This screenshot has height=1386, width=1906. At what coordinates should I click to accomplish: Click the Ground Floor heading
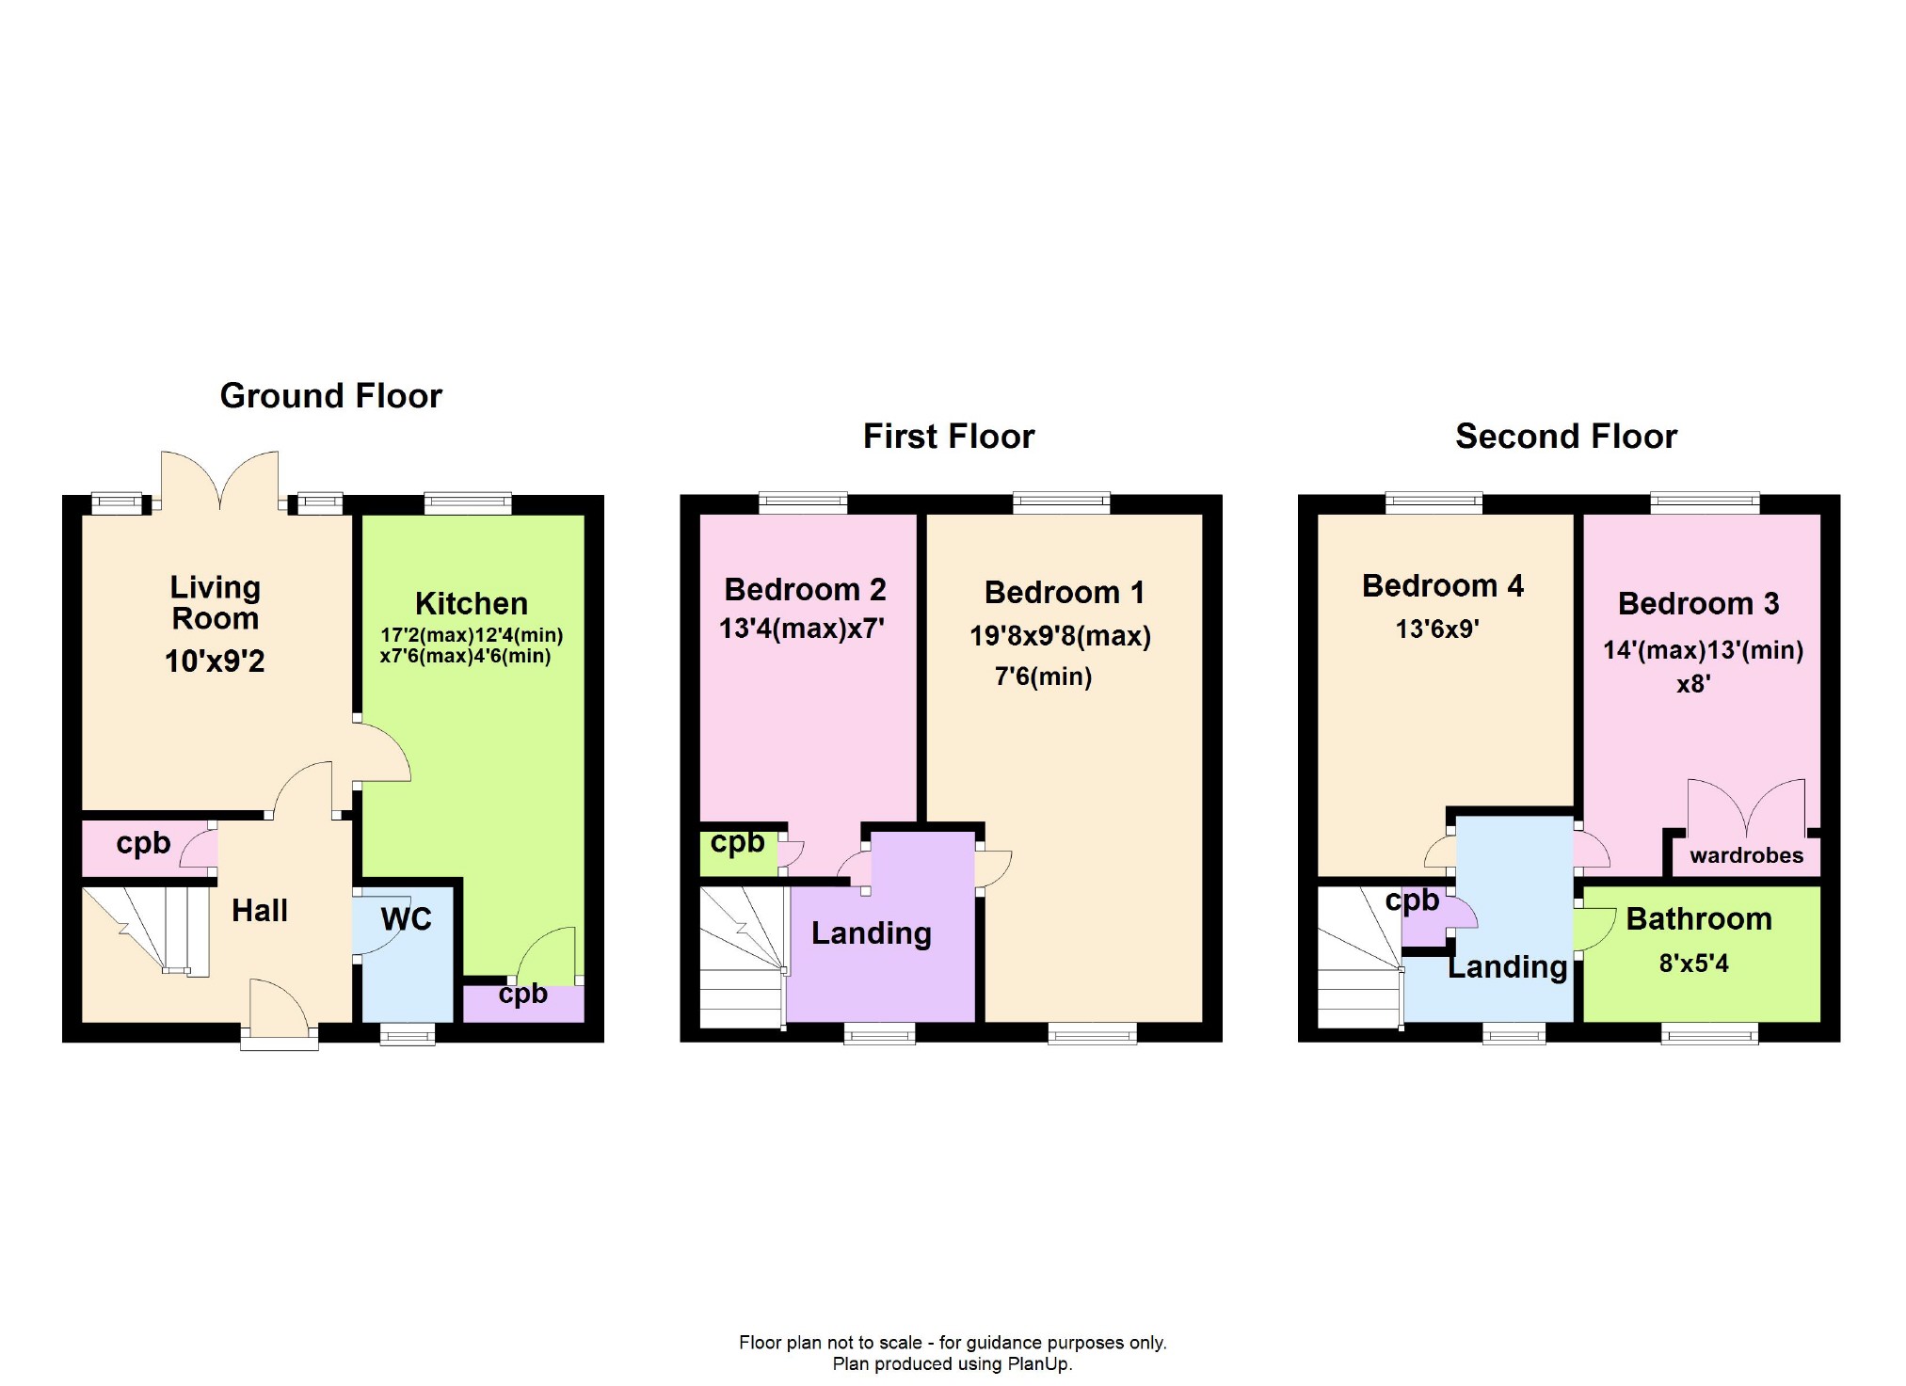330,396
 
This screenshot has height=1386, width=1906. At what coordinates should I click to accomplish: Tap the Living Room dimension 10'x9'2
215,661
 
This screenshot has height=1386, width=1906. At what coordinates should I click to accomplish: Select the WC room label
406,918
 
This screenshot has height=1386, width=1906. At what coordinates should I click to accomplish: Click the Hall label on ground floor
260,911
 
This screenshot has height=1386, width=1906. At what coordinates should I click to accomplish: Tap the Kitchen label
472,603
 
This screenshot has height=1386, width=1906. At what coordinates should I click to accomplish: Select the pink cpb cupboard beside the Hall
143,843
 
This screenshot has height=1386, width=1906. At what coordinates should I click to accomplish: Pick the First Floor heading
949,437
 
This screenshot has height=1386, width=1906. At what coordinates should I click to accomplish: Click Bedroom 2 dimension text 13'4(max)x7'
802,629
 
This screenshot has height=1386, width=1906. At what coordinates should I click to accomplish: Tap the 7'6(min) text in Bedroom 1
1043,677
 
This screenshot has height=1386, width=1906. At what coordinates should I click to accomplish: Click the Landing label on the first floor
871,933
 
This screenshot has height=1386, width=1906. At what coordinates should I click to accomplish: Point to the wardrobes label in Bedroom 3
1746,855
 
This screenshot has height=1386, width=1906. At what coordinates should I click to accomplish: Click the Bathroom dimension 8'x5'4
1693,964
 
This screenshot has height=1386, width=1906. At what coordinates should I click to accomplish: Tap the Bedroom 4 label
1442,586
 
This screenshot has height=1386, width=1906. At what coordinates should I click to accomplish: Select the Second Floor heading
1566,437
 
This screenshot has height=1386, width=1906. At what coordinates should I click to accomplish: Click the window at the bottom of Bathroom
1709,1035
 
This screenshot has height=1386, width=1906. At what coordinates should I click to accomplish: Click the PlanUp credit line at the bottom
952,1363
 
